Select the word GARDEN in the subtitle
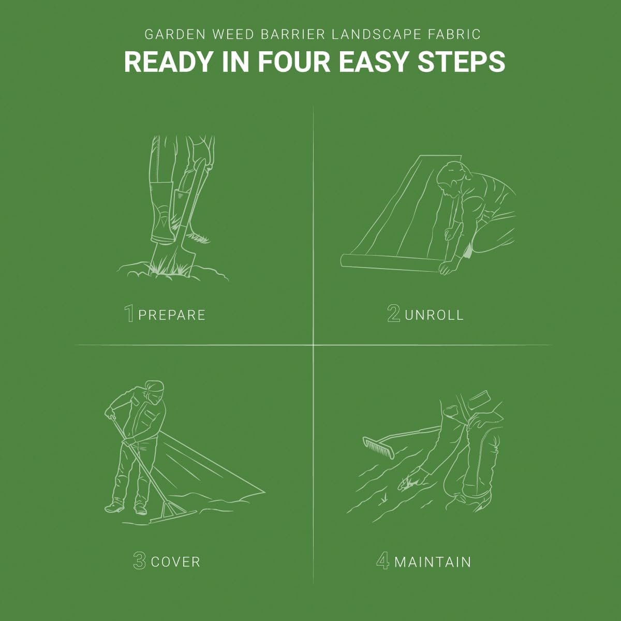pyautogui.click(x=175, y=35)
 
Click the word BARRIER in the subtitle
pyautogui.click(x=293, y=35)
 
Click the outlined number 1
pyautogui.click(x=129, y=313)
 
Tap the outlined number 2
pyautogui.click(x=394, y=313)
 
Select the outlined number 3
pyautogui.click(x=140, y=560)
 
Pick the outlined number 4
pyautogui.click(x=383, y=560)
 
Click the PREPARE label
pyautogui.click(x=172, y=315)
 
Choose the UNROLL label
pyautogui.click(x=434, y=315)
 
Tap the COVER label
pyautogui.click(x=175, y=562)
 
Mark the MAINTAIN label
pyautogui.click(x=433, y=562)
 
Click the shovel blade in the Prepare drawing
pyautogui.click(x=172, y=258)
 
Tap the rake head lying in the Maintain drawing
pyautogui.click(x=378, y=448)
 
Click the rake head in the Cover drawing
pyautogui.click(x=173, y=514)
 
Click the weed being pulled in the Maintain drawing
pyautogui.click(x=408, y=482)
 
